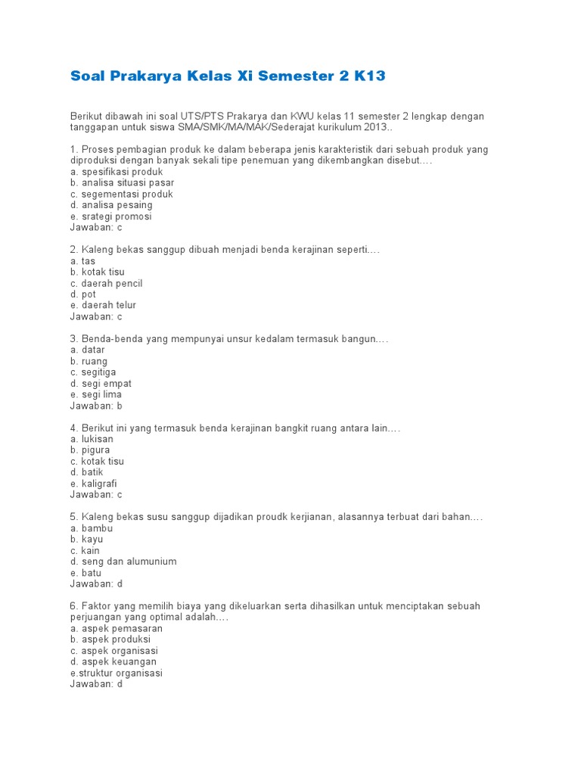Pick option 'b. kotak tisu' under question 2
coord(98,272)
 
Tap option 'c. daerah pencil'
coord(106,283)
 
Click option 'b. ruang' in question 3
coord(89,361)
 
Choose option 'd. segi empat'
coord(101,384)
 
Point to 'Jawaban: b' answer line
coord(96,406)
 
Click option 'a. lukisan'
coord(92,439)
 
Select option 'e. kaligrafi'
coord(93,484)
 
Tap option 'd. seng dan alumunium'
coord(123,562)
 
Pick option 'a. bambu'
coord(91,528)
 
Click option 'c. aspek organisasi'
coord(113,651)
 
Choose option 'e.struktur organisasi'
coord(116,673)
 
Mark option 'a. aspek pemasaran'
coord(116,628)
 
